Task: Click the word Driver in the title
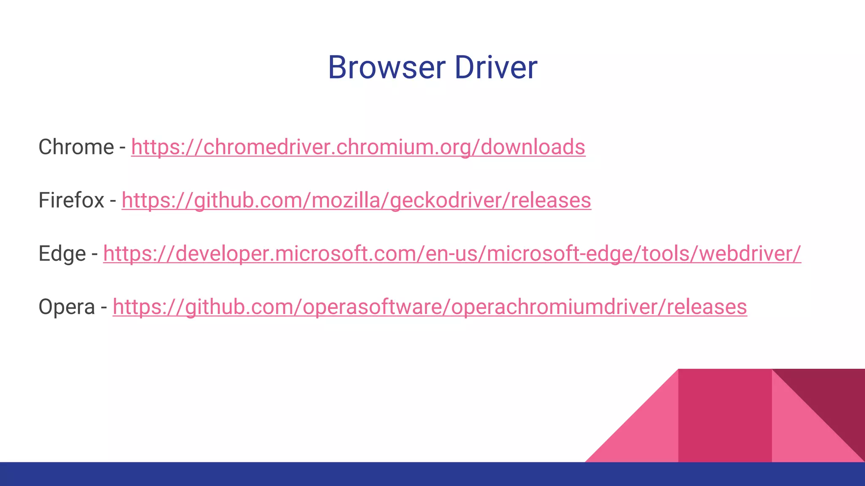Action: coord(496,67)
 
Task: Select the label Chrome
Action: coord(76,147)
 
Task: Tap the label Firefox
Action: coord(71,200)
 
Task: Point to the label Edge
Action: coord(62,254)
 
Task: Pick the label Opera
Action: coord(66,307)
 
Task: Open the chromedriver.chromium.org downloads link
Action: coord(358,147)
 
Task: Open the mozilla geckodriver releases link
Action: coord(356,200)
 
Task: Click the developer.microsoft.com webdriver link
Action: coord(452,254)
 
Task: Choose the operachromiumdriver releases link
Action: coord(430,307)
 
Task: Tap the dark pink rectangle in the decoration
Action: coord(725,416)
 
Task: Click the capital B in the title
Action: coord(338,67)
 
